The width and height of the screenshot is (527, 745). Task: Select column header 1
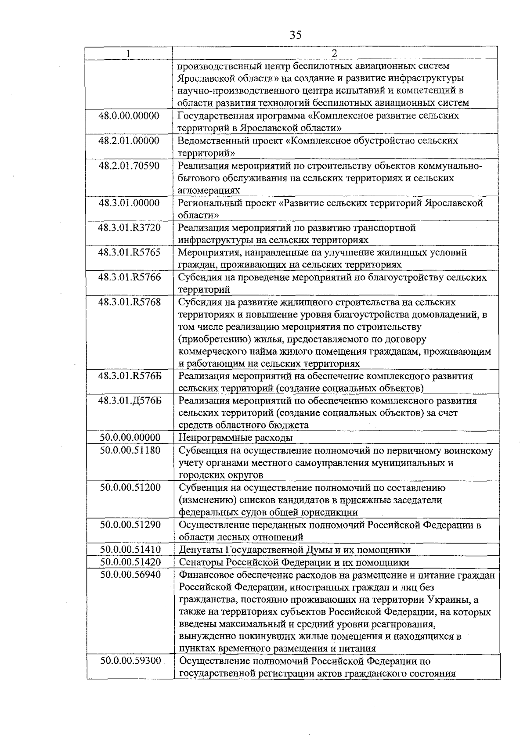coord(128,54)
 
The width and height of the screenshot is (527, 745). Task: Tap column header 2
coord(334,54)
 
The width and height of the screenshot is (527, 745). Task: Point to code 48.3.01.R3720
coord(129,228)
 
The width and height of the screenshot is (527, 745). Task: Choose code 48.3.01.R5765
coord(129,252)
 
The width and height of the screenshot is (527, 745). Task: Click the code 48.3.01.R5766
coord(129,277)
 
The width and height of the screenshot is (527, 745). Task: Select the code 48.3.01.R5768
coord(129,302)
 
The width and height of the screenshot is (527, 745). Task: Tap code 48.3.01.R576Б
coord(130,376)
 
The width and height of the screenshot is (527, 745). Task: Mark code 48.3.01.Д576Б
coord(130,401)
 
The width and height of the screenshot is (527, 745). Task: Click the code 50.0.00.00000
coord(130,438)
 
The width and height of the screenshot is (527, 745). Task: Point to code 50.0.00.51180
coord(130,450)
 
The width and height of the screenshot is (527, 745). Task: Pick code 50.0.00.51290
coord(130,525)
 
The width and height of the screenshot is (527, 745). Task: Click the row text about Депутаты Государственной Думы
coord(295,550)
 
